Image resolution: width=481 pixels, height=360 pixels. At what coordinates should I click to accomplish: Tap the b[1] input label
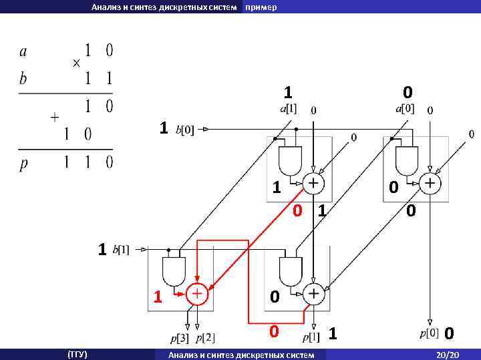122,250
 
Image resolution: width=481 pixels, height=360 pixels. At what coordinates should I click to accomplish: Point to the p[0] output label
430,333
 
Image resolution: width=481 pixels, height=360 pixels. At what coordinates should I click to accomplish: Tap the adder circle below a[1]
313,182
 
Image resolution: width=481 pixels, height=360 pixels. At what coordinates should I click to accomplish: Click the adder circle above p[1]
313,294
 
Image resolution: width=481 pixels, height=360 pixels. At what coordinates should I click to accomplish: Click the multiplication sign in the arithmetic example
76,63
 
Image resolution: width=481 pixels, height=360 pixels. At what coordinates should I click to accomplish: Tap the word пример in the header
261,7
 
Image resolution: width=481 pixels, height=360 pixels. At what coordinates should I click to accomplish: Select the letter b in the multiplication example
23,78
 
